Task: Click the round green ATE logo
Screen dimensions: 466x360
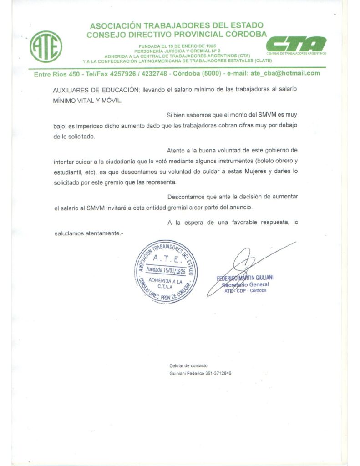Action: [x=46, y=46]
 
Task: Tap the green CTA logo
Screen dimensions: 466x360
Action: [x=296, y=44]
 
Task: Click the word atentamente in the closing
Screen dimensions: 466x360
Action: [x=100, y=233]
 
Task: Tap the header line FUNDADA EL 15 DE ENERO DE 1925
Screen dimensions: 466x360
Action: [x=177, y=46]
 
